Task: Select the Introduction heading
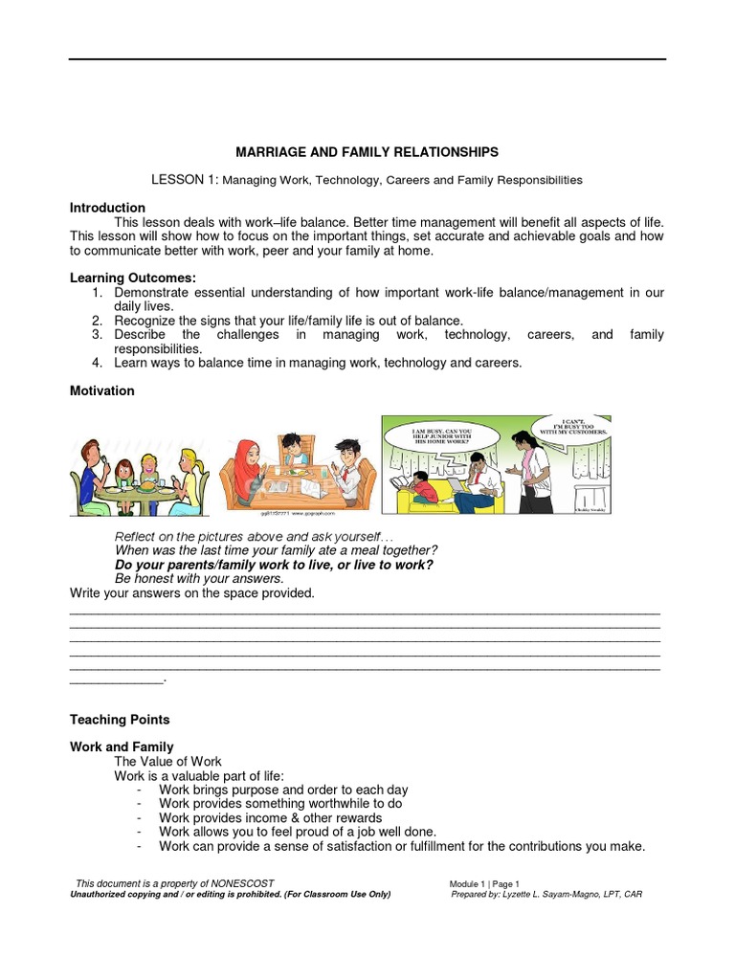[x=107, y=208]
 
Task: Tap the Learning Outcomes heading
[x=132, y=278]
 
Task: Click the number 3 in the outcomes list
[x=97, y=335]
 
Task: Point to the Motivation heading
[x=102, y=390]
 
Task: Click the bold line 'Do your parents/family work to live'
[x=274, y=565]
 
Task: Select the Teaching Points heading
[x=120, y=720]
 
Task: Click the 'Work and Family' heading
[x=122, y=746]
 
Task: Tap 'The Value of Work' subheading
[x=167, y=761]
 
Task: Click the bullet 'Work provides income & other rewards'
[x=270, y=818]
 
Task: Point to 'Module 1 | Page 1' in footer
[x=484, y=883]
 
